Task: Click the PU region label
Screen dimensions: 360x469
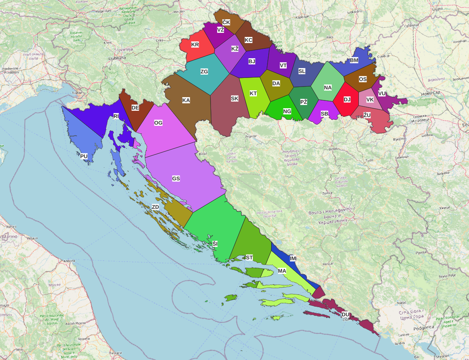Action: coord(84,156)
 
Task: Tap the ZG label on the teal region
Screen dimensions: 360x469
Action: coord(204,72)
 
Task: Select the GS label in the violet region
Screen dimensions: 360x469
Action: coord(176,179)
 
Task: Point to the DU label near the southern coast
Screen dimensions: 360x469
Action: coord(345,314)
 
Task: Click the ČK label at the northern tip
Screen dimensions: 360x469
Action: coord(226,22)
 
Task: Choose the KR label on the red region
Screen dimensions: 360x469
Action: coord(195,44)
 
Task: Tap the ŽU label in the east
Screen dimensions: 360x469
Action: coord(367,115)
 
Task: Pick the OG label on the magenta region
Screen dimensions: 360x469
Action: coord(158,123)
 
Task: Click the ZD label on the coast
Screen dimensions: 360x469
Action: coord(155,207)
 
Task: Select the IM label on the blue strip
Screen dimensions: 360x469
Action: coord(293,258)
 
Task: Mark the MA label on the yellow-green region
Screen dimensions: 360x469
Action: coord(282,271)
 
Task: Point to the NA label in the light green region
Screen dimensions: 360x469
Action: coord(328,88)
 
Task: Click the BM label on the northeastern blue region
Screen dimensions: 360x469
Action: coord(354,61)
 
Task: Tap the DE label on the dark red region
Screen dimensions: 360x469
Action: coord(135,107)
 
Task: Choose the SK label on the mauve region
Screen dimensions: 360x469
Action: coord(234,98)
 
